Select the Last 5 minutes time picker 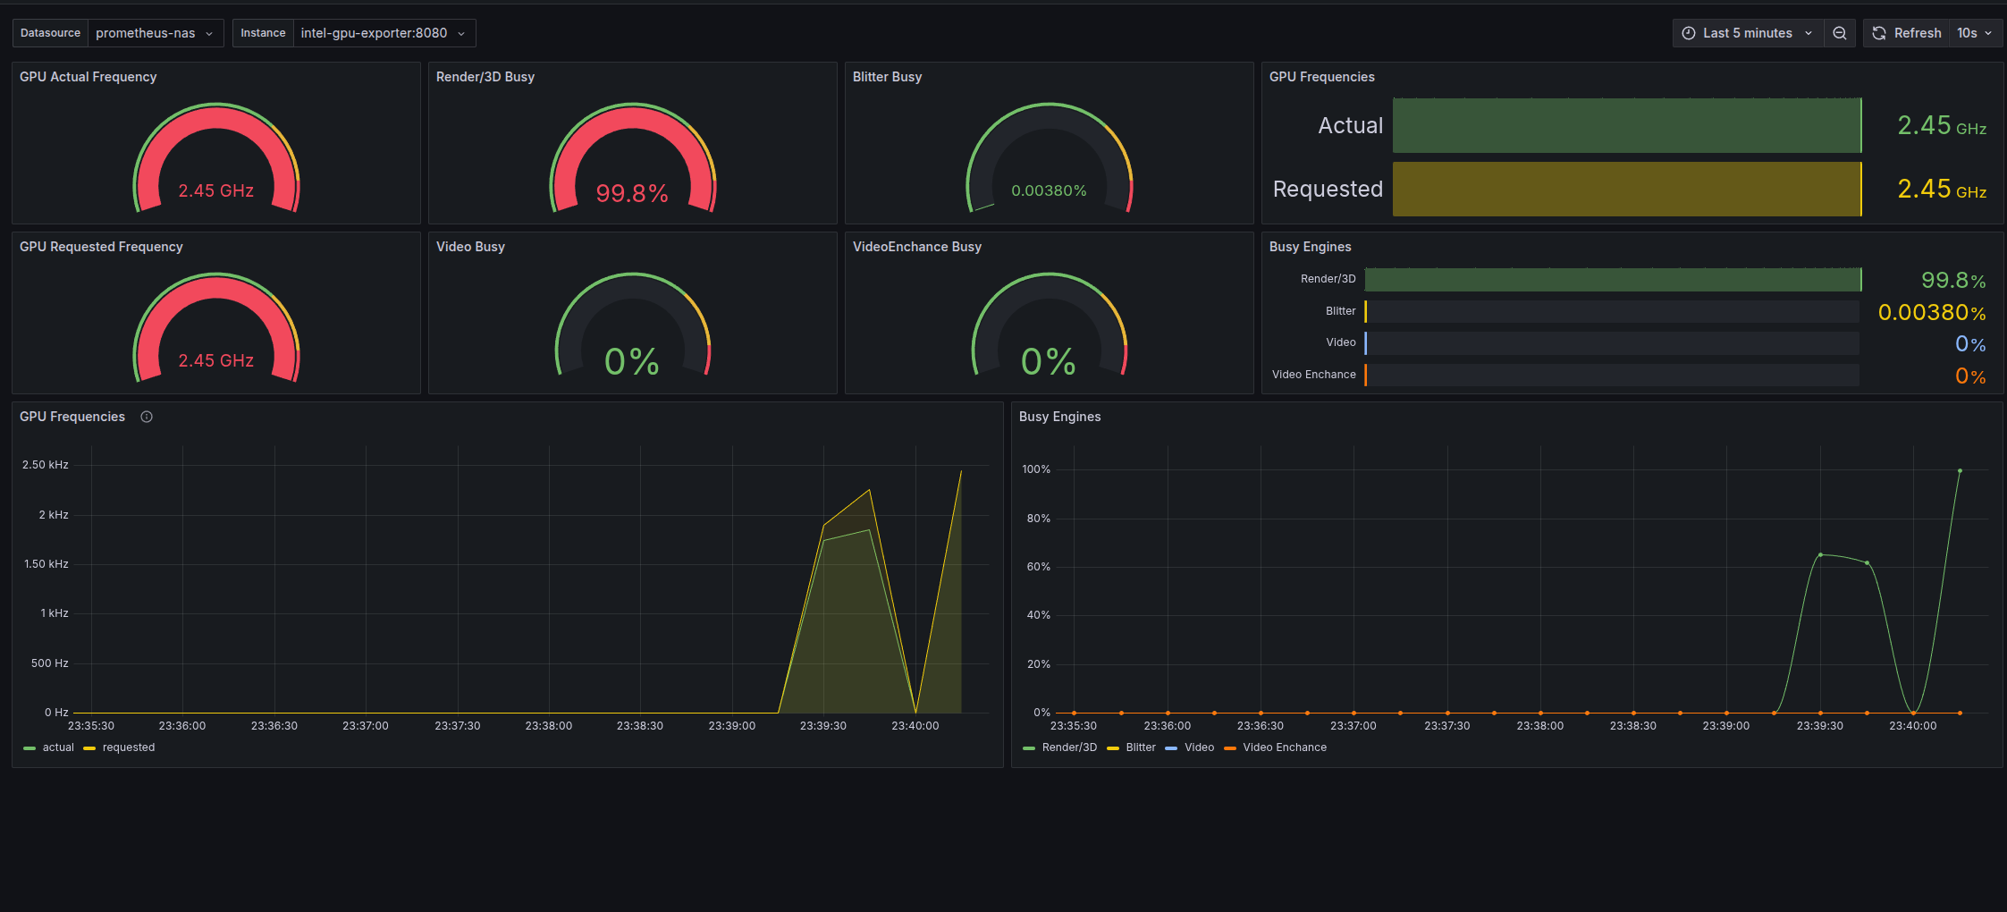pyautogui.click(x=1748, y=33)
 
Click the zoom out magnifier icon pyautogui.click(x=1840, y=33)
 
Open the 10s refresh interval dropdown pyautogui.click(x=1975, y=33)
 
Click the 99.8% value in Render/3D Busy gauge pyautogui.click(x=632, y=193)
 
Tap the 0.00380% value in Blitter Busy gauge pyautogui.click(x=1049, y=190)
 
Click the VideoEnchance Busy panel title pyautogui.click(x=917, y=247)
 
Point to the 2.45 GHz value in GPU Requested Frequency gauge pyautogui.click(x=215, y=360)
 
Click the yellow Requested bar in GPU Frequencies pyautogui.click(x=1627, y=189)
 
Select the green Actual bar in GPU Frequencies pyautogui.click(x=1627, y=125)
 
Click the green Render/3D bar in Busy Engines pyautogui.click(x=1613, y=280)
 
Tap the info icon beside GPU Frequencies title pyautogui.click(x=147, y=417)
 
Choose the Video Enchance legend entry pyautogui.click(x=1276, y=747)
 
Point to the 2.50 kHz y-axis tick pyautogui.click(x=46, y=465)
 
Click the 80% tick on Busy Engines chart pyautogui.click(x=1039, y=519)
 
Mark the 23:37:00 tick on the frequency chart pyautogui.click(x=366, y=726)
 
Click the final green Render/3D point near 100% pyautogui.click(x=1960, y=470)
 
